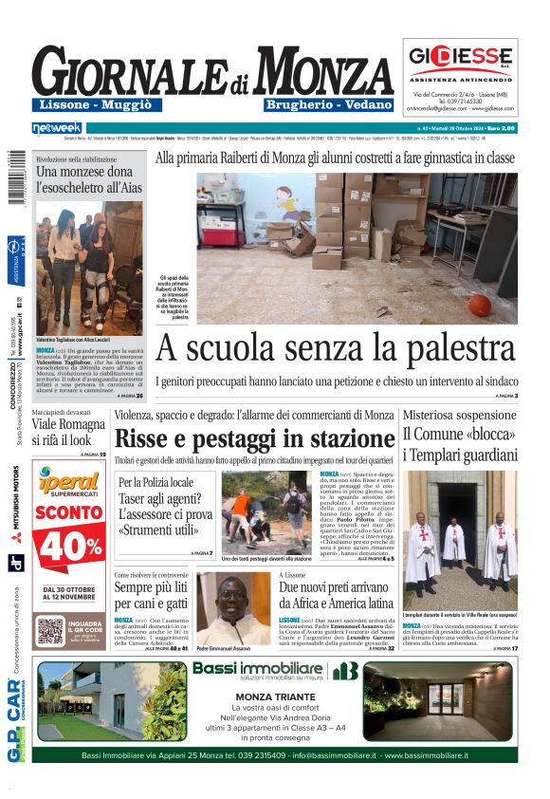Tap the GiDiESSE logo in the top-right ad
coord(460,55)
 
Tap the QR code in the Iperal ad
coord(51,629)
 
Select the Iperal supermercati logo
coord(69,481)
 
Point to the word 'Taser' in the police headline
coord(137,498)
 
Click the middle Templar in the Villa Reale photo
coord(455,542)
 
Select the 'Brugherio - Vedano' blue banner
coord(328,104)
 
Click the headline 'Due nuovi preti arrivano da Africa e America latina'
coord(336,594)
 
